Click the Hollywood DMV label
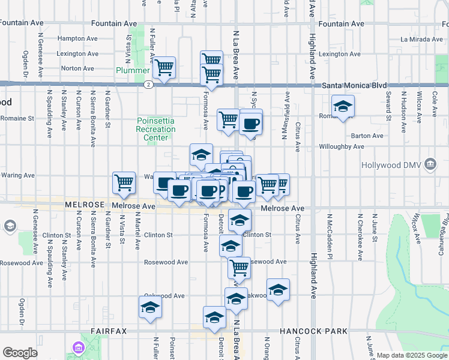coord(392,164)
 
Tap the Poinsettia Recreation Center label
coord(155,129)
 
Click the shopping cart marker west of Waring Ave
coord(124,182)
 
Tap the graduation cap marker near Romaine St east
coord(343,107)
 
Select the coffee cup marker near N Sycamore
coord(251,124)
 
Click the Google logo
coord(20,353)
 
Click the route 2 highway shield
coord(148,85)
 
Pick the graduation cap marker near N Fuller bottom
coord(150,308)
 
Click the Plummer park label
coord(133,70)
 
